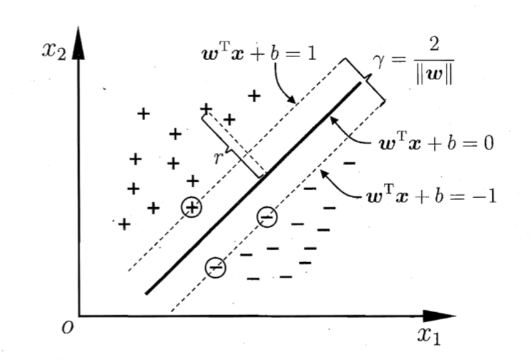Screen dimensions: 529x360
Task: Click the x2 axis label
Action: pos(54,51)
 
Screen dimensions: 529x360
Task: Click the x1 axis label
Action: pos(429,336)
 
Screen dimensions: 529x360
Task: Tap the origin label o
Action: pos(67,327)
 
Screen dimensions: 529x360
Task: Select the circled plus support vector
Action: pos(192,207)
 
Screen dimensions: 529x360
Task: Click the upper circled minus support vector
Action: pos(267,217)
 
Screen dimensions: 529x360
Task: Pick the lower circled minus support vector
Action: pos(216,268)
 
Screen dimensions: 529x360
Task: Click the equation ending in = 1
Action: pos(259,54)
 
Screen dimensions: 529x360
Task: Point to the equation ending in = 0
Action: pos(437,144)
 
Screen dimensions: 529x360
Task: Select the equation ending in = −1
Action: pos(432,196)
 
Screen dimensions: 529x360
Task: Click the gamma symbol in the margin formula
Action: pos(379,61)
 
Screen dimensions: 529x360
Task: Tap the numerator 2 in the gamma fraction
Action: pos(434,44)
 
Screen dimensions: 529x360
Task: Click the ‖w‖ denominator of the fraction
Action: pos(434,75)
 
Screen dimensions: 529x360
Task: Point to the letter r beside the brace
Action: pos(219,157)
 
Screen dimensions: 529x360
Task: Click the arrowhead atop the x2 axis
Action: pos(78,43)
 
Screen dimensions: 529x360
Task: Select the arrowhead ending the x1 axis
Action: pos(439,316)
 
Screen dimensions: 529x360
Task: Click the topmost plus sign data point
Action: pos(254,96)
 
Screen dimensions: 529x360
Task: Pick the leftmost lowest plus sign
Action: pos(124,224)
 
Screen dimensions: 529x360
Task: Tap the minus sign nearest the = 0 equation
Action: pos(350,164)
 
